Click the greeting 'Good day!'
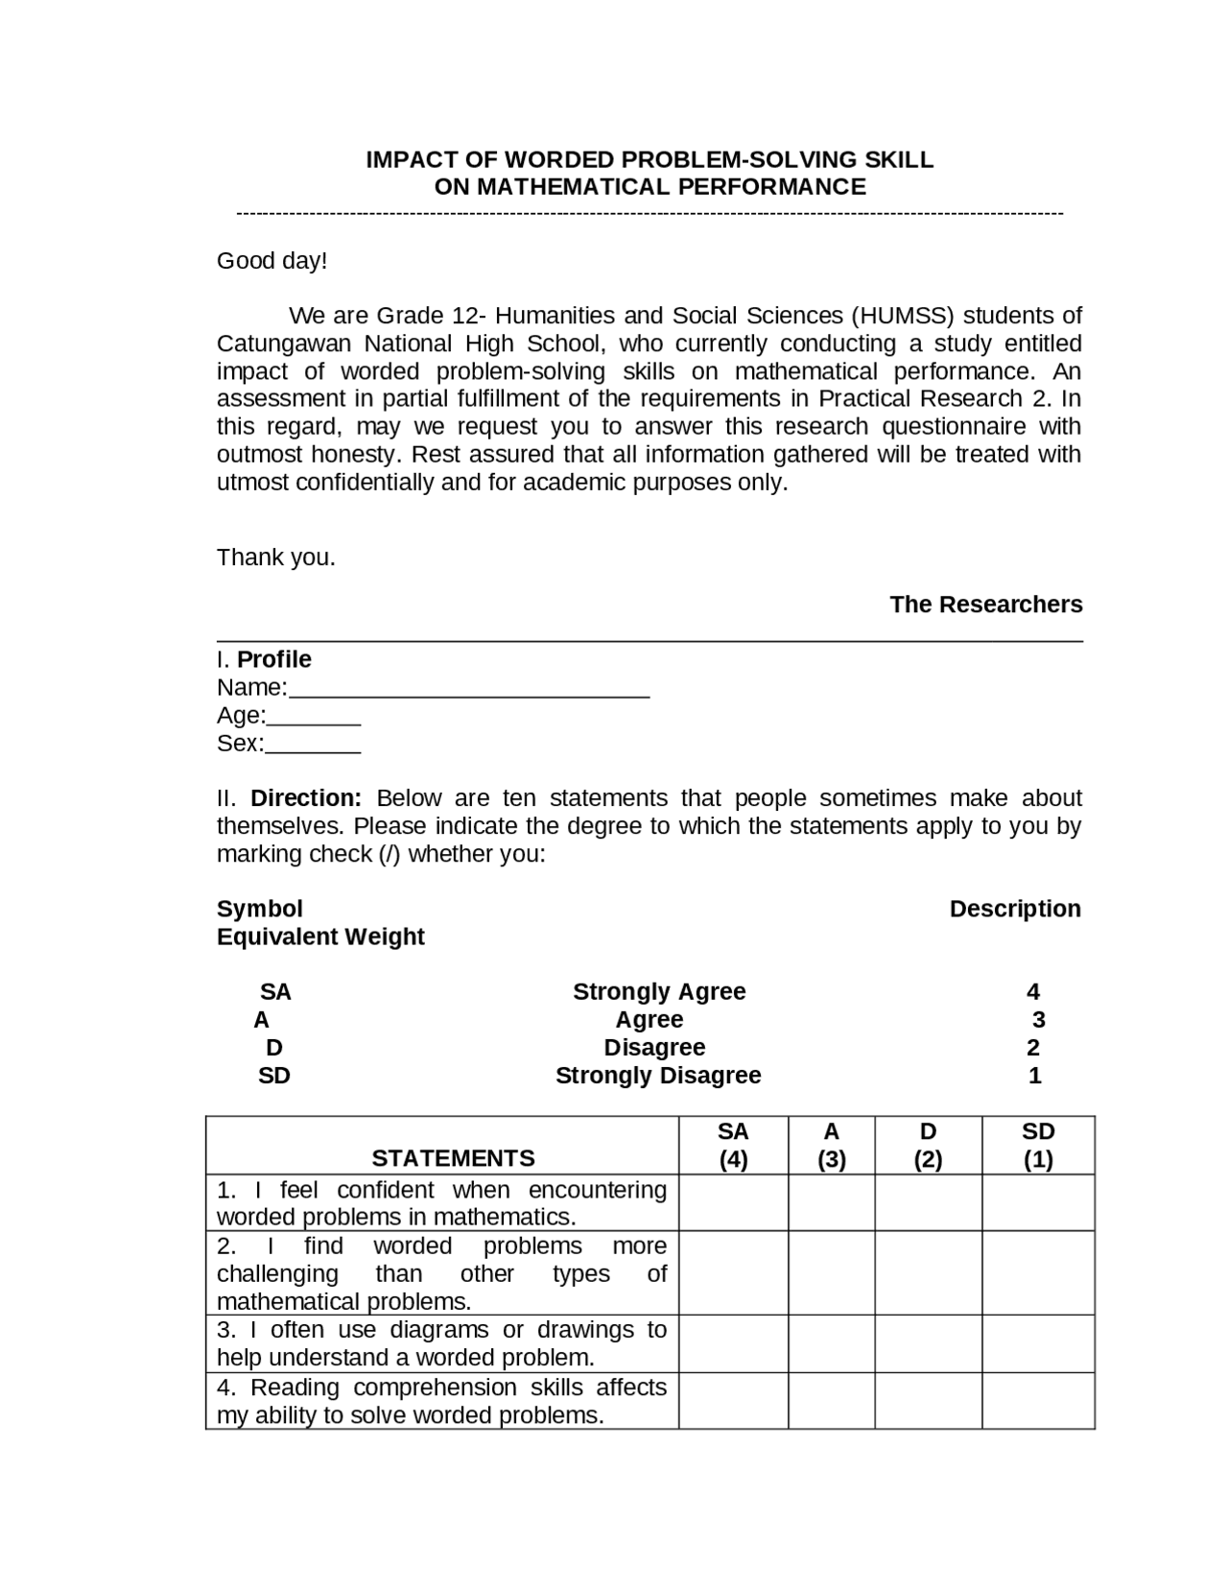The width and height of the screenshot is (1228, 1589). [x=272, y=261]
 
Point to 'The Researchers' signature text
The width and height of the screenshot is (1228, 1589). [x=985, y=605]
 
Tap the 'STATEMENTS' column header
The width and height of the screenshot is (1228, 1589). [x=453, y=1158]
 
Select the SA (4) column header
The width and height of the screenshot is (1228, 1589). [x=733, y=1146]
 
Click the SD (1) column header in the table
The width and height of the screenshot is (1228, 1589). [x=1038, y=1146]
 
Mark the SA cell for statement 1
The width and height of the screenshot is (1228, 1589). [x=733, y=1203]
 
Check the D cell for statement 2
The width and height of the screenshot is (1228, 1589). [x=928, y=1273]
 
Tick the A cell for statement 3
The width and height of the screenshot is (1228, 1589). [x=831, y=1343]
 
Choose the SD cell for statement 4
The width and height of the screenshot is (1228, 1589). [x=1038, y=1401]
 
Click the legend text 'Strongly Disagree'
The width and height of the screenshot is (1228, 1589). [x=658, y=1076]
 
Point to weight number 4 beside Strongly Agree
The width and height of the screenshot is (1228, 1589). [x=1032, y=992]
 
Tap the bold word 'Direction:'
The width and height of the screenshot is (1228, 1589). [x=306, y=798]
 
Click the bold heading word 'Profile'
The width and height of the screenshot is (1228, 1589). [x=274, y=659]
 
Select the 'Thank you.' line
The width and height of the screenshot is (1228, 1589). [x=276, y=557]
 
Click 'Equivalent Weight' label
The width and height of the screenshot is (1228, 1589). [x=320, y=937]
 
